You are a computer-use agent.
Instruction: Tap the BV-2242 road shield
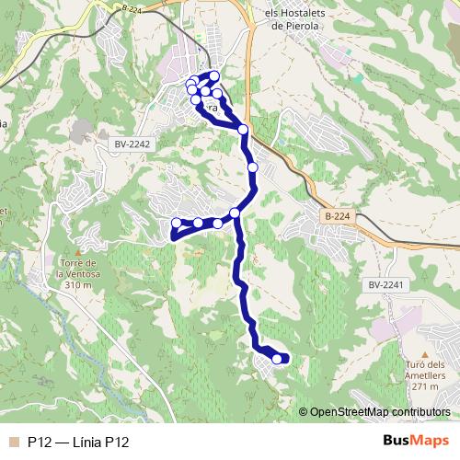(132, 144)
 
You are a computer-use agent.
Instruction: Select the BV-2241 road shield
(385, 285)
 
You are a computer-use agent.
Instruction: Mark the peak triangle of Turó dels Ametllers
(424, 353)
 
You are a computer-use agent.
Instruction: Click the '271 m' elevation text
(424, 387)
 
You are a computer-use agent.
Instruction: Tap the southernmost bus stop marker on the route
(277, 359)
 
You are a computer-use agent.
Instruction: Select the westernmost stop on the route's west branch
(177, 223)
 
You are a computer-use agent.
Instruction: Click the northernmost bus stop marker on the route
(214, 75)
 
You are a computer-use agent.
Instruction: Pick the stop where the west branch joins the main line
(235, 213)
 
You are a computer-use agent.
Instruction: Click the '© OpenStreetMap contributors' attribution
(380, 411)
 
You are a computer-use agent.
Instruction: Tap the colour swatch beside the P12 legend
(13, 443)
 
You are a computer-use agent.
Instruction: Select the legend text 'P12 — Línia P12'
(77, 443)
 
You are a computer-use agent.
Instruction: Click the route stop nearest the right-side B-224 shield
(253, 167)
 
